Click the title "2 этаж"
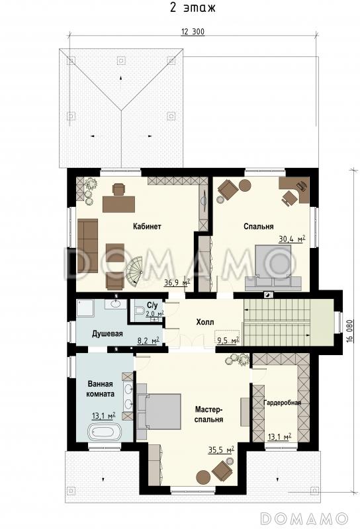[x=192, y=7]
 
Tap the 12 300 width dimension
[x=193, y=32]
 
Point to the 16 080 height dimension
[x=350, y=331]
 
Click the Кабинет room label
[x=146, y=226]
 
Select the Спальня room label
[x=258, y=226]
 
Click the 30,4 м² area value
[x=292, y=239]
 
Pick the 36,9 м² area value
[x=177, y=282]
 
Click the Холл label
[x=205, y=322]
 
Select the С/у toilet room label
[x=152, y=305]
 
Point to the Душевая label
[x=107, y=334]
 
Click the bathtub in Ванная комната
[x=105, y=432]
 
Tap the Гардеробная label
[x=282, y=403]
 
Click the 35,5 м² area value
[x=221, y=450]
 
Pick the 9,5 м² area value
[x=228, y=341]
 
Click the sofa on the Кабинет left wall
[x=87, y=245]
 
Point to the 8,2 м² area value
[x=149, y=341]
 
